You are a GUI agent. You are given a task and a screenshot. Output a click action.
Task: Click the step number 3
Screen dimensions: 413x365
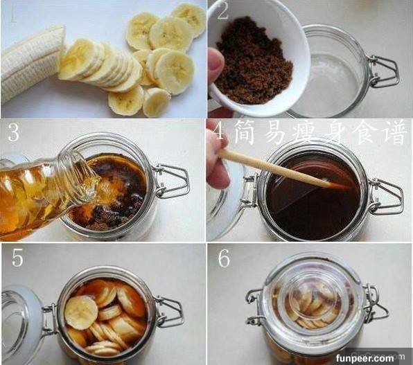(13, 132)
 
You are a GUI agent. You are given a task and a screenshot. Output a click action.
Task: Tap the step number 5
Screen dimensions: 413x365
(17, 257)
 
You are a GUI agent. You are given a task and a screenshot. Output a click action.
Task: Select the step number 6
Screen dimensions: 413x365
(224, 258)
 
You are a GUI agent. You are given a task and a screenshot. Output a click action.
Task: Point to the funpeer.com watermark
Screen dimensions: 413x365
(364, 358)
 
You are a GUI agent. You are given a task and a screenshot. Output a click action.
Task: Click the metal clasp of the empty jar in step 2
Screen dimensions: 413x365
(383, 71)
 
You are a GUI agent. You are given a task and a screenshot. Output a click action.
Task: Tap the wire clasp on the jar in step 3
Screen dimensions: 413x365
(171, 180)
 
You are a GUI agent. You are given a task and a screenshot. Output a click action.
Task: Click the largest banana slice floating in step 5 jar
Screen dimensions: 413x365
(81, 312)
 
